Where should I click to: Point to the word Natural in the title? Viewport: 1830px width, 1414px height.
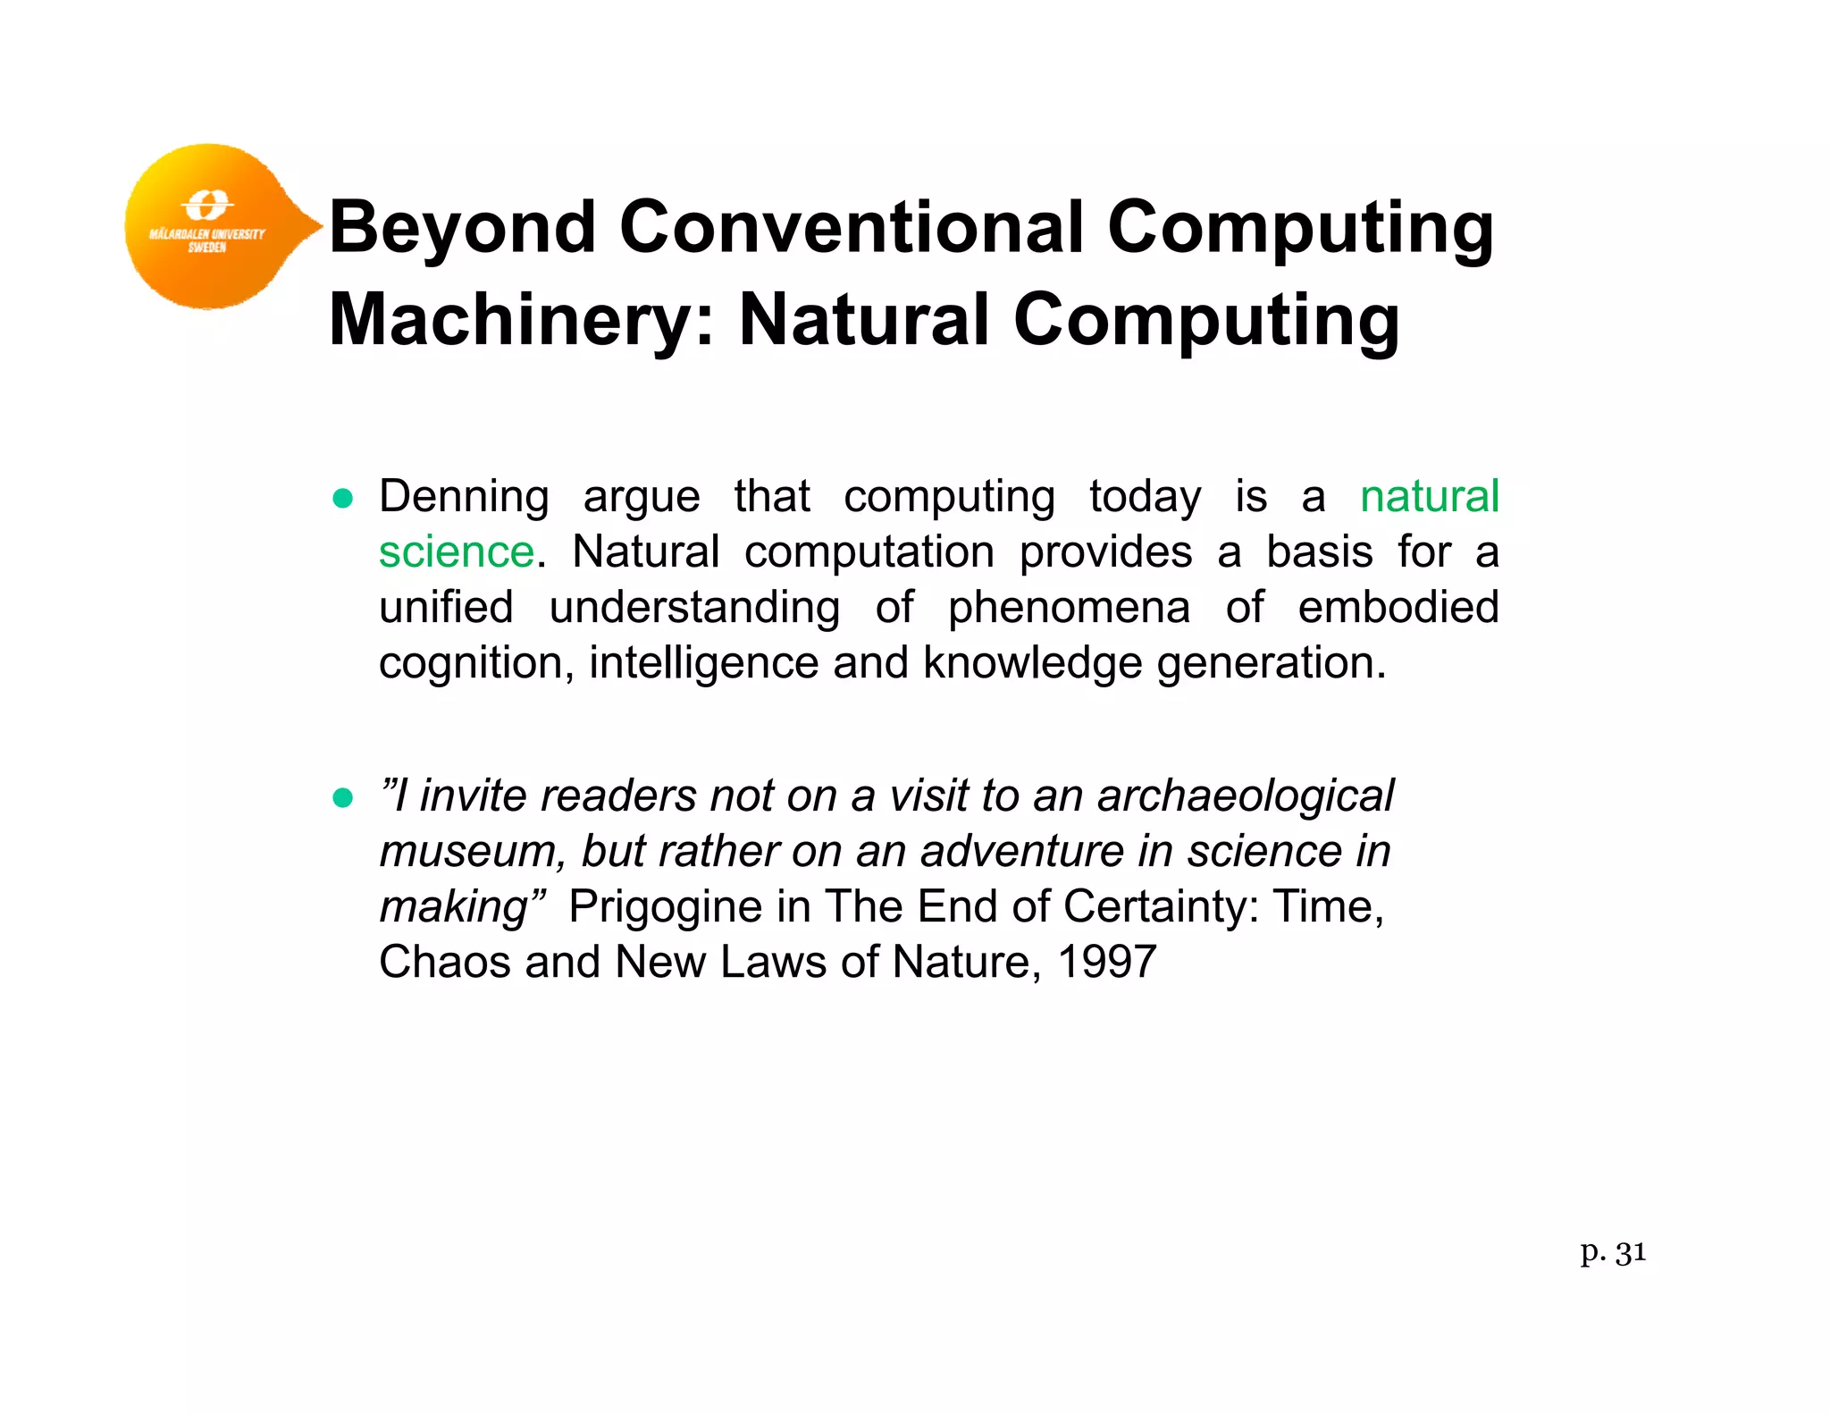click(864, 320)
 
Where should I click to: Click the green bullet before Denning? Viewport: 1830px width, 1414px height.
click(342, 499)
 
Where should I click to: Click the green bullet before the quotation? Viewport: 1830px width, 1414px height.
click(342, 797)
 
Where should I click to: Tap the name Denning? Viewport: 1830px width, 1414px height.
click(464, 497)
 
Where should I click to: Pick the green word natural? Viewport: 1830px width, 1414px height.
click(1429, 497)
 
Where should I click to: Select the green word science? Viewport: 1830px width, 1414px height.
click(457, 552)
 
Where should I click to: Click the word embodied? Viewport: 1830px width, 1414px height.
click(1398, 608)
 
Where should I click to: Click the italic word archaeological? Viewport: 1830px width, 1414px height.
click(1245, 797)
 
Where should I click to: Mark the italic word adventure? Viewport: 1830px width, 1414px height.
click(1021, 851)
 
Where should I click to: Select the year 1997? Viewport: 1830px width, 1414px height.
click(1106, 964)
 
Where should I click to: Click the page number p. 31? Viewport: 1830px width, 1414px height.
click(1612, 1253)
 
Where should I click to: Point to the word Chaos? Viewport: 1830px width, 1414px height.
click(445, 964)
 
